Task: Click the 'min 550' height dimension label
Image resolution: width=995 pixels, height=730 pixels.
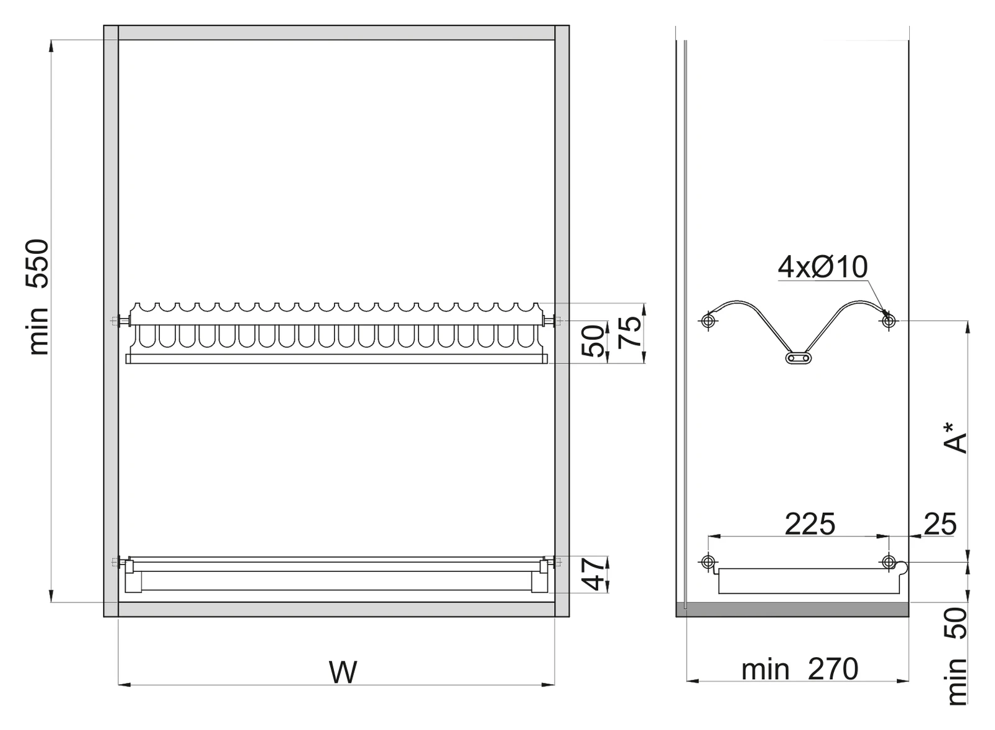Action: click(39, 297)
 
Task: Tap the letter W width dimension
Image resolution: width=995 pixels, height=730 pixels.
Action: click(343, 673)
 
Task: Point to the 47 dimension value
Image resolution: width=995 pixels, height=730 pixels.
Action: click(595, 574)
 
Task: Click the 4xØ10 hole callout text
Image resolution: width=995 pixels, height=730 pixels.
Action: click(823, 267)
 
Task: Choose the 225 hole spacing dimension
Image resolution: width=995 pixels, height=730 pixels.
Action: click(810, 524)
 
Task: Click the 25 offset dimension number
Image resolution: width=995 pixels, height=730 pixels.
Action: click(940, 524)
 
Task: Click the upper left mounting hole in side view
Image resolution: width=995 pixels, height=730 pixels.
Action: click(708, 321)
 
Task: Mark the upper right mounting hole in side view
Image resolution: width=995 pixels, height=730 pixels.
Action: click(889, 321)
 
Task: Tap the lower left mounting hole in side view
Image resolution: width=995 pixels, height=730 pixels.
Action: click(708, 562)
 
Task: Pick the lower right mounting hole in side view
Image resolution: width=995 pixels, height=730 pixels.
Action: click(889, 562)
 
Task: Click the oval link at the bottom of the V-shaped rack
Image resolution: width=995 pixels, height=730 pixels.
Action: click(798, 358)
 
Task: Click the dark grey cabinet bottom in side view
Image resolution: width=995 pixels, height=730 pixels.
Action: click(792, 609)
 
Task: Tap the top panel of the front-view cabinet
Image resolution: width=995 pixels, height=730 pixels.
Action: click(336, 33)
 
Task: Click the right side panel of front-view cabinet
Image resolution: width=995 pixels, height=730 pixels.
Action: click(562, 321)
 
